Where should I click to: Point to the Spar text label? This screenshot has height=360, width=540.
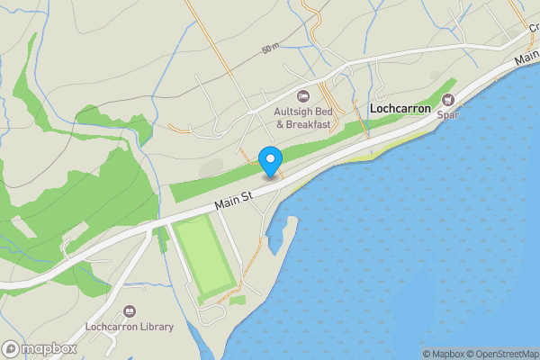tap(447, 114)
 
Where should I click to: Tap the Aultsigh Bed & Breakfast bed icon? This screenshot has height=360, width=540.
tap(303, 95)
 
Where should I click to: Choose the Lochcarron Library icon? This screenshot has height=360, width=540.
tap(129, 311)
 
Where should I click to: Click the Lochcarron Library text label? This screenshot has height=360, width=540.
tap(129, 328)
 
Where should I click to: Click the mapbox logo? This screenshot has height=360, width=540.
tap(39, 348)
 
